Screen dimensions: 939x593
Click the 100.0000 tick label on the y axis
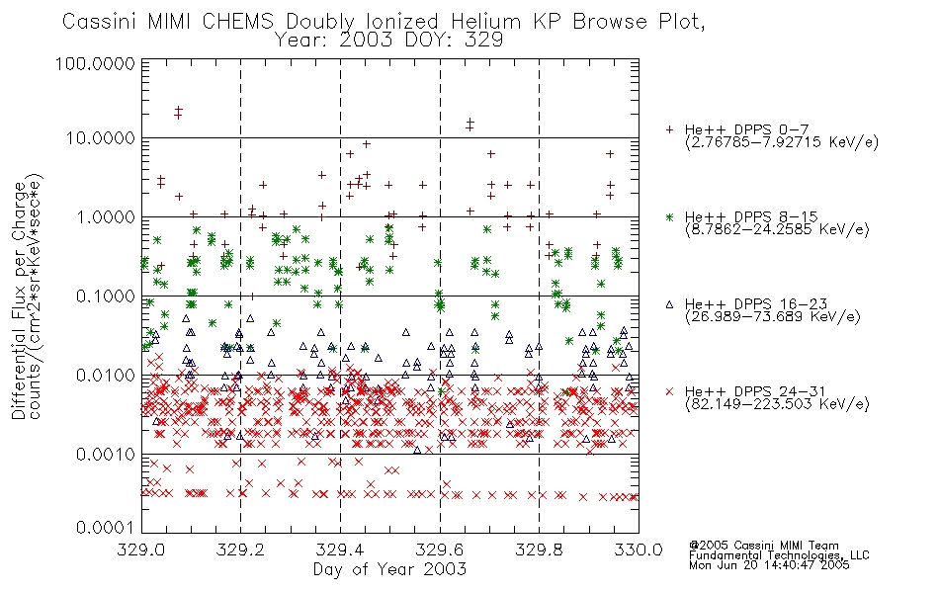tap(95, 63)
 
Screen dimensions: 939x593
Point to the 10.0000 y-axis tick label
tap(100, 138)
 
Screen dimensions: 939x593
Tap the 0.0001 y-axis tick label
tap(106, 528)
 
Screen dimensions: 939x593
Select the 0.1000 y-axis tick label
tap(106, 296)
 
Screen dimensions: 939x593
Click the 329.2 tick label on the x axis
tap(241, 550)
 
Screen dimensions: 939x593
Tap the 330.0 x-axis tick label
tap(639, 550)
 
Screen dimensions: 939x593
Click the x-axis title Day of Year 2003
tap(389, 569)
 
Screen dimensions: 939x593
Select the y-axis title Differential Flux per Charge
tap(19, 300)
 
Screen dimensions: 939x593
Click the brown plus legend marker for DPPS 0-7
tap(669, 129)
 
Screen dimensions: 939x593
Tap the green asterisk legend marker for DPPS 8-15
tap(669, 216)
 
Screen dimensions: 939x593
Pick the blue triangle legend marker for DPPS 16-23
tap(669, 304)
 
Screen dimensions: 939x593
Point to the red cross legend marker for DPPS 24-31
tap(669, 391)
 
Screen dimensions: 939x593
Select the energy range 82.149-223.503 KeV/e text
tap(777, 403)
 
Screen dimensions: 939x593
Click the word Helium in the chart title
tap(485, 22)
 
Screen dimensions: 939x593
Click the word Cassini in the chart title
tap(101, 22)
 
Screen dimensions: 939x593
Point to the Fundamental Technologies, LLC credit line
tap(779, 555)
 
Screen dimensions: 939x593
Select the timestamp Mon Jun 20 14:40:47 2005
tap(769, 565)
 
